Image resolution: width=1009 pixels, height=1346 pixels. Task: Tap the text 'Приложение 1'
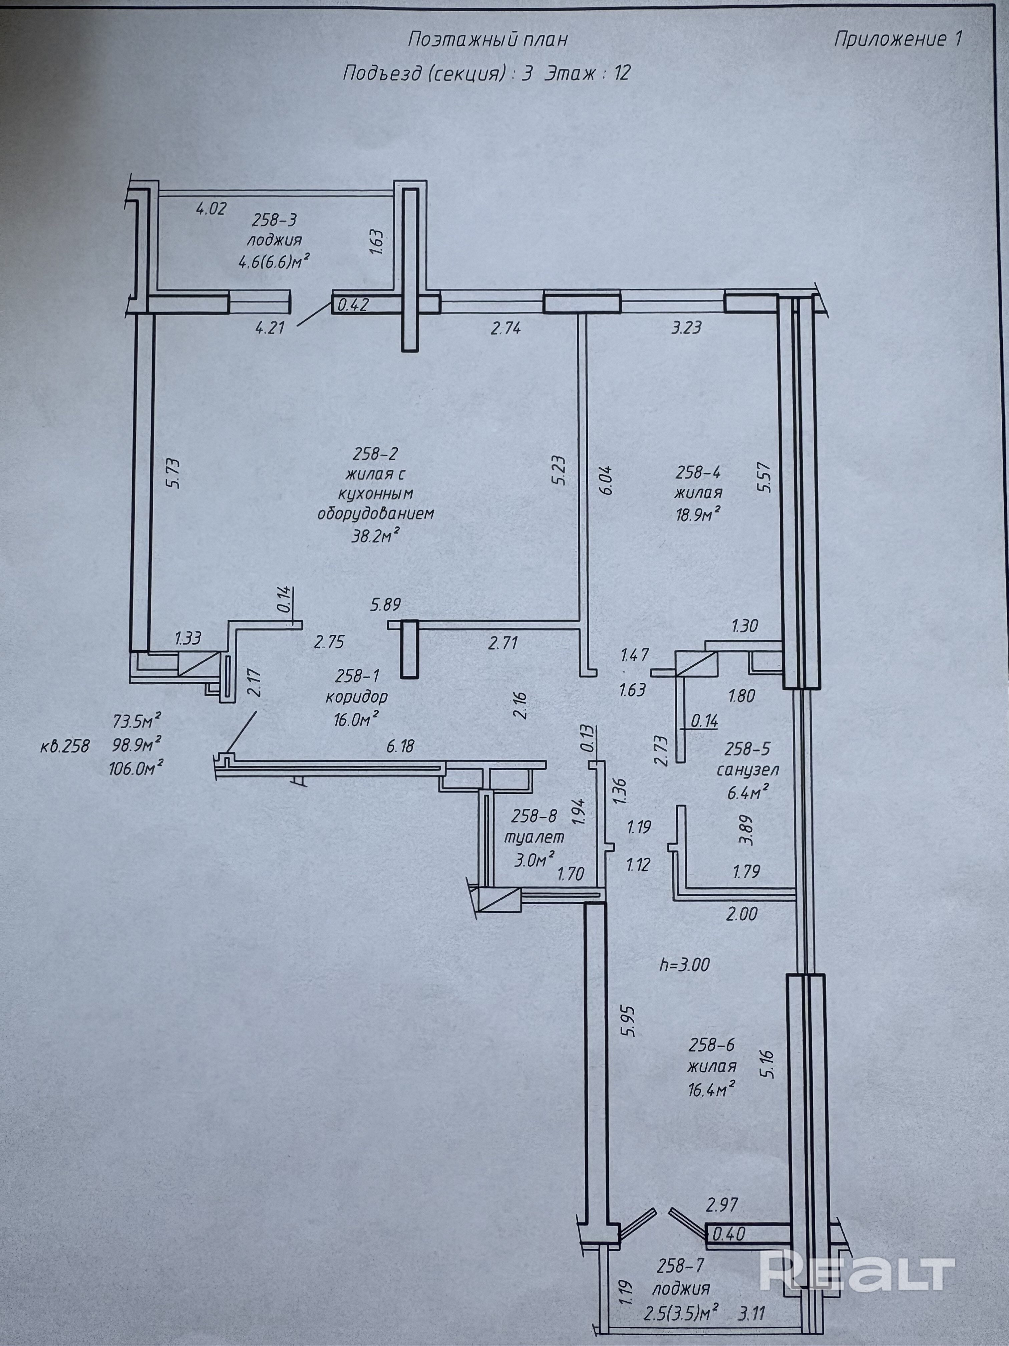898,39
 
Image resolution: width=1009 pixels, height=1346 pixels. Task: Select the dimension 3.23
686,328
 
